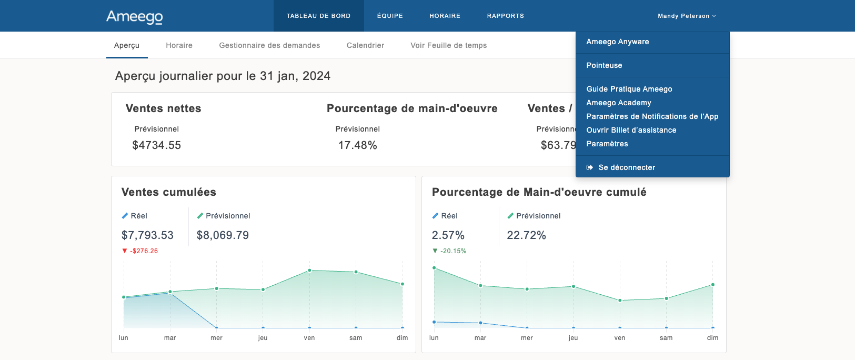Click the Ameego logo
click(135, 17)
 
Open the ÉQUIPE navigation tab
click(390, 16)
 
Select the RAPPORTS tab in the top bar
click(505, 16)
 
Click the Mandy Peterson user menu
click(686, 16)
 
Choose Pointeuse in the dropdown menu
click(604, 65)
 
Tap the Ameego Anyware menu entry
click(617, 42)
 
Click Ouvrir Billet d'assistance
click(631, 130)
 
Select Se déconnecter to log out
click(626, 167)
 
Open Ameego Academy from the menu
click(618, 103)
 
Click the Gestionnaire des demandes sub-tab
click(269, 45)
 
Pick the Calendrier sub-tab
click(365, 45)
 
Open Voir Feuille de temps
click(448, 45)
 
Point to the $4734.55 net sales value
click(156, 145)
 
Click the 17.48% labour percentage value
click(357, 145)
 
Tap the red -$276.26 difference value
click(144, 251)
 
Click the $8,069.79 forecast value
click(223, 235)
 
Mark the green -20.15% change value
click(453, 251)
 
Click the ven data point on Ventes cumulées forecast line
click(309, 271)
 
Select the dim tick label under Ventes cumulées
click(402, 338)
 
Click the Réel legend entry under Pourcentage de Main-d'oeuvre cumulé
click(449, 216)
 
